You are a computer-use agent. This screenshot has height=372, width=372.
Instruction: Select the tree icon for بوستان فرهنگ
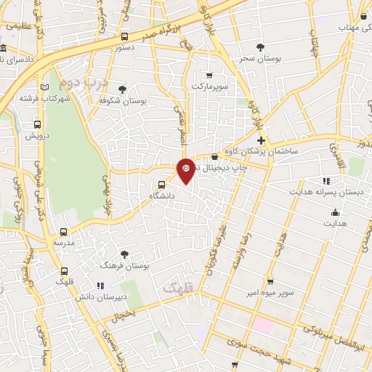[125, 254]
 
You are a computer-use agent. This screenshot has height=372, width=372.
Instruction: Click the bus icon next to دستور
[125, 36]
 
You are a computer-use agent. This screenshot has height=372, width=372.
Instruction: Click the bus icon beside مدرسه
[62, 232]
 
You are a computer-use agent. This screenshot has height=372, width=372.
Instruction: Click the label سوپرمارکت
[210, 86]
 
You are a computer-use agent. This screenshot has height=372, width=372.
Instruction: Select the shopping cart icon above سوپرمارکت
[209, 75]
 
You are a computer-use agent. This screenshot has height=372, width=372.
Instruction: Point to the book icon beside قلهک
[65, 270]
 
